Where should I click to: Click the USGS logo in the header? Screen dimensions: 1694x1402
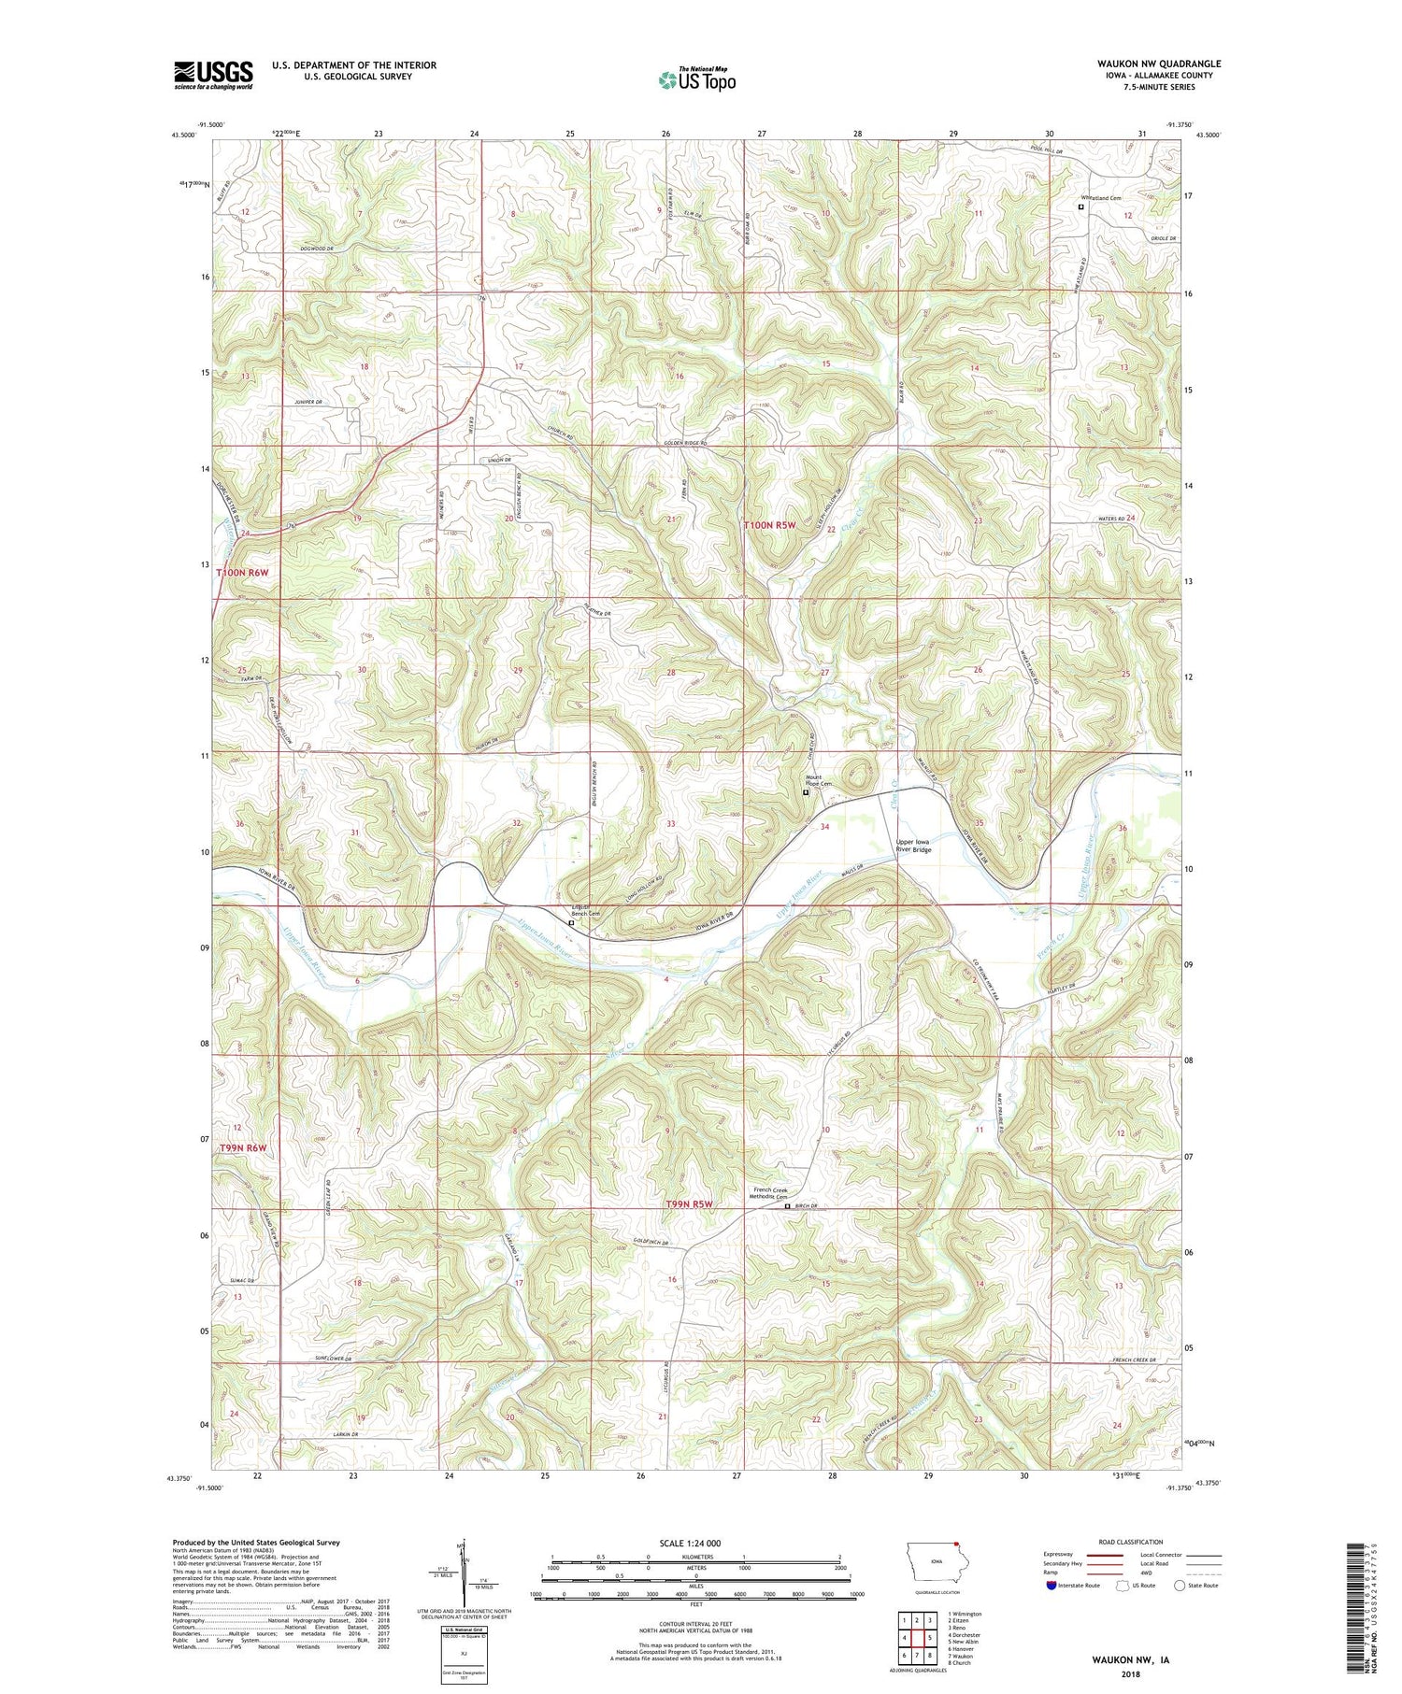(x=213, y=75)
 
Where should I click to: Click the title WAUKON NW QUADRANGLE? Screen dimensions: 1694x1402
(x=1158, y=64)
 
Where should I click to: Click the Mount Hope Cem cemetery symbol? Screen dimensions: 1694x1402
(x=807, y=792)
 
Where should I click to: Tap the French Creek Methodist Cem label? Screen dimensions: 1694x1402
(x=771, y=1193)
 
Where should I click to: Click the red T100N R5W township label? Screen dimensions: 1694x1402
(x=770, y=526)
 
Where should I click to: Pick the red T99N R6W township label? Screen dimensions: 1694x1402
(x=243, y=1147)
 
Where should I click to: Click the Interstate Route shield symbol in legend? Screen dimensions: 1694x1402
(x=1051, y=1586)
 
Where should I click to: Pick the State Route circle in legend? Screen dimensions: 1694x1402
(x=1180, y=1586)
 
